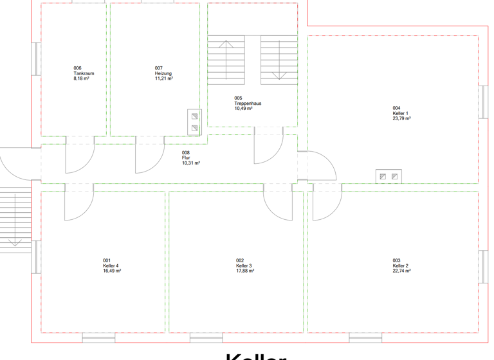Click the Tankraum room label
point(84,73)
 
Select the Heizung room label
point(164,73)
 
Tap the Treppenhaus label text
point(248,104)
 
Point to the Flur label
point(186,158)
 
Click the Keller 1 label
point(400,113)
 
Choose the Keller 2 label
point(400,265)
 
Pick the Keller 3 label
point(244,265)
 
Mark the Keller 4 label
point(111,265)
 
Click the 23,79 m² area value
point(402,118)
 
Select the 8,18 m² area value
point(81,78)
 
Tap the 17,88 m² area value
point(245,271)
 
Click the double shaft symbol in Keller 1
point(389,176)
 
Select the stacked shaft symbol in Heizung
point(194,122)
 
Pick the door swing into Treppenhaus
point(268,148)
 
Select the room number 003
point(396,260)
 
